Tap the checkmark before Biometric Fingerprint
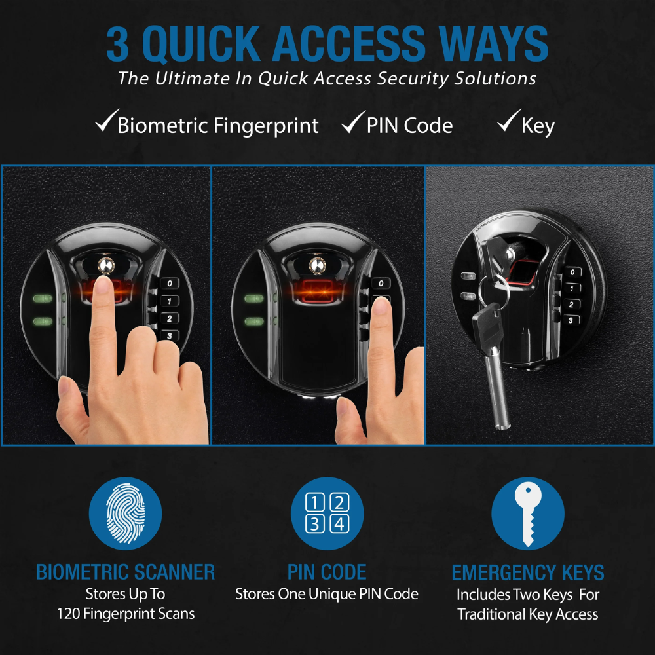coord(105,123)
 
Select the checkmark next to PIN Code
coord(353,123)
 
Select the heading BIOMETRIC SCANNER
coord(125,572)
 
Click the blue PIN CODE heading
coord(327,572)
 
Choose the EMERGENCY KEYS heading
coord(528,572)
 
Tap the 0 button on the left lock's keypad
coord(170,284)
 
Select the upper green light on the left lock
coord(43,301)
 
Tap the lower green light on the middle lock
coord(254,321)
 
